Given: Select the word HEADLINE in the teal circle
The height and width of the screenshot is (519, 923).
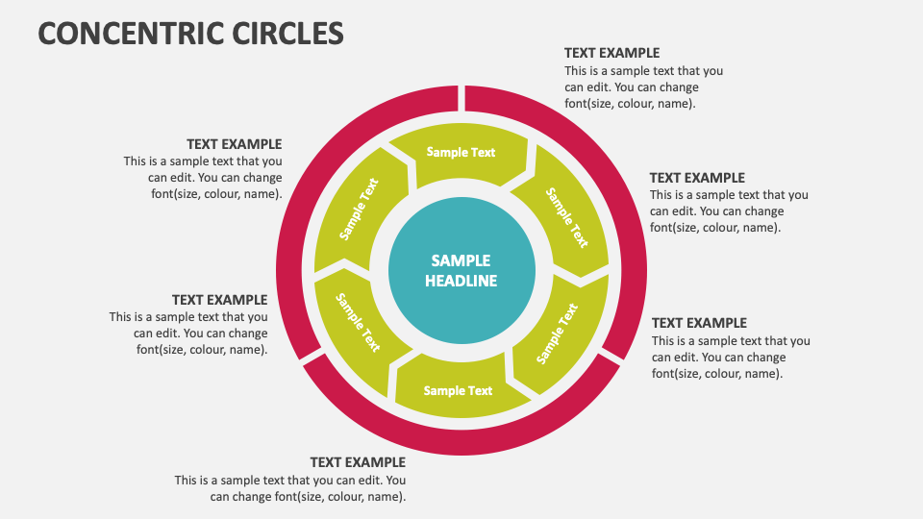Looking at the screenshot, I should click(x=461, y=282).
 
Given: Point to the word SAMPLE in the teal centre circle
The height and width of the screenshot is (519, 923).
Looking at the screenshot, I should click(x=461, y=260).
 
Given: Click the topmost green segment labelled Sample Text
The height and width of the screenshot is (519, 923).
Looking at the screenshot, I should click(x=461, y=153).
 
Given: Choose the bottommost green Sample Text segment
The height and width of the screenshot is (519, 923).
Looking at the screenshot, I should click(x=459, y=389).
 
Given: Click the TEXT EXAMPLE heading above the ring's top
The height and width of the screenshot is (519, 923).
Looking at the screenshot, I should click(x=611, y=53).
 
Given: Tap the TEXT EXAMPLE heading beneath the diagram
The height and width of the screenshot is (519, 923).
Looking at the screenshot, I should click(x=358, y=462).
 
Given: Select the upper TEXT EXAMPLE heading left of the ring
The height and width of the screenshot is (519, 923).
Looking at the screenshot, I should click(x=234, y=144).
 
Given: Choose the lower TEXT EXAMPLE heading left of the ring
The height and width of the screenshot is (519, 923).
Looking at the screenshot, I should click(x=219, y=300).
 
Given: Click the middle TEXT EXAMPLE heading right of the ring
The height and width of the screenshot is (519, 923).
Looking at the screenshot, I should click(x=697, y=178).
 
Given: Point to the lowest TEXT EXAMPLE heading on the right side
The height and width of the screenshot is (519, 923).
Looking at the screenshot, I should click(x=699, y=323).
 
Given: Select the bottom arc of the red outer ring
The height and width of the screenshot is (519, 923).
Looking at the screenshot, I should click(x=461, y=444).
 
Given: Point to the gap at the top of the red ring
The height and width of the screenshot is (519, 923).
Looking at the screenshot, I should click(x=461, y=97).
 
